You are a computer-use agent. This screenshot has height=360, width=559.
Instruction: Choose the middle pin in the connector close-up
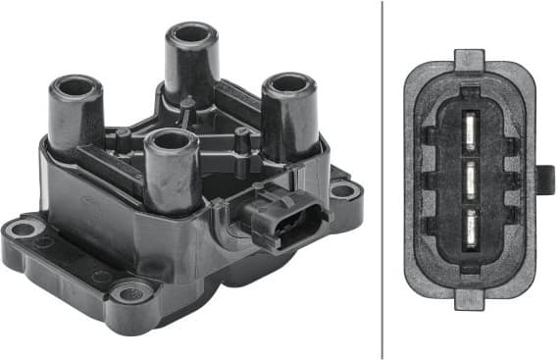[470, 179]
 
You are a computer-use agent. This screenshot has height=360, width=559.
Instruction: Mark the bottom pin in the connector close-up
[470, 224]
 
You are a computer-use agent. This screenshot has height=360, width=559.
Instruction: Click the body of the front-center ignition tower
[172, 177]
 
